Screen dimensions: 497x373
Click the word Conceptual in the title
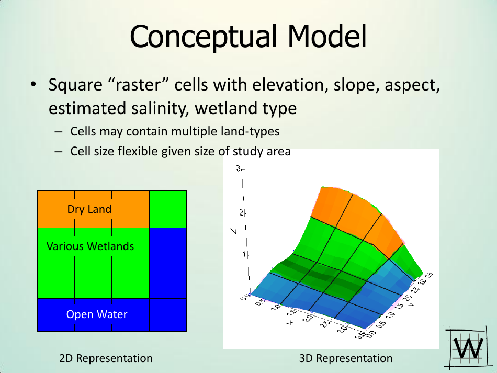[204, 37]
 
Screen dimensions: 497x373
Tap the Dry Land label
[89, 209]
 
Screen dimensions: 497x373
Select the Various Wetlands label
[91, 246]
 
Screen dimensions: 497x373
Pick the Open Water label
[97, 314]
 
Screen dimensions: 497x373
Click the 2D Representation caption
[106, 358]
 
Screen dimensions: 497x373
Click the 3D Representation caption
[346, 358]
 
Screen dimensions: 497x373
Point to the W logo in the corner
[467, 348]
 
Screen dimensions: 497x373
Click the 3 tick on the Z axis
[239, 168]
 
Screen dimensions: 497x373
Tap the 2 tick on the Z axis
[242, 213]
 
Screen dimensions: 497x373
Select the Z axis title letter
[233, 231]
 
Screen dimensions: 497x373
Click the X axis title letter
[291, 323]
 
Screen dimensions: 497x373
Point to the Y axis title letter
[412, 304]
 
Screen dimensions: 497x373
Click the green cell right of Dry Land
[168, 209]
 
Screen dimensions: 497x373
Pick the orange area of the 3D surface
[355, 216]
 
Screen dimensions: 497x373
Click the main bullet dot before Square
[33, 85]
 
